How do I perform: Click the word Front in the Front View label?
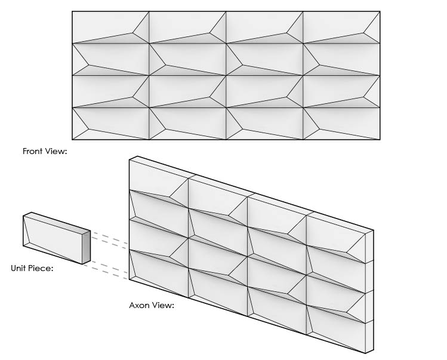[x=33, y=151]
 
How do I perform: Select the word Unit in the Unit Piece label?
[x=19, y=268]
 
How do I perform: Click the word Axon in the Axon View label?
[x=140, y=305]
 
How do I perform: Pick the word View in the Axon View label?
[x=164, y=305]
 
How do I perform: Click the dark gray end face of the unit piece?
[x=87, y=247]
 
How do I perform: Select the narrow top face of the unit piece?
[x=57, y=221]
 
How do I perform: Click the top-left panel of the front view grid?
[x=110, y=27]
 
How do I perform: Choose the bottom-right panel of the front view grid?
[x=341, y=124]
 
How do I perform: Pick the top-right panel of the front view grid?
[x=341, y=27]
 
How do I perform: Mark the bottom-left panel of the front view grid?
[x=110, y=124]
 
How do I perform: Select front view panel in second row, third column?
[x=264, y=59]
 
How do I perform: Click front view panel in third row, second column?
[x=187, y=91]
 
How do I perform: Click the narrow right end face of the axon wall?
[x=369, y=291]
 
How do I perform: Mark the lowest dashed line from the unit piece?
[x=106, y=272]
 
